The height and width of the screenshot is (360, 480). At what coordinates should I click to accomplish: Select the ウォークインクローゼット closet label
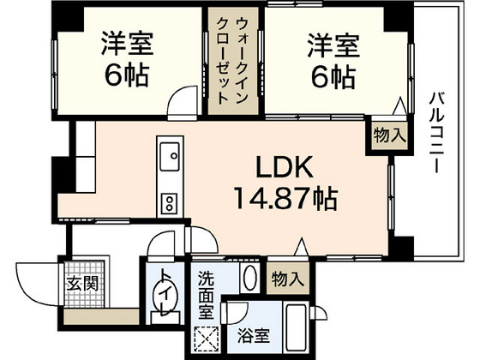pyautogui.click(x=234, y=61)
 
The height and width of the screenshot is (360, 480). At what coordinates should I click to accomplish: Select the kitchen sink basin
pyautogui.click(x=170, y=155)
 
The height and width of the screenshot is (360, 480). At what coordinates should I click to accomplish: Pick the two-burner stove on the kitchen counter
pyautogui.click(x=169, y=203)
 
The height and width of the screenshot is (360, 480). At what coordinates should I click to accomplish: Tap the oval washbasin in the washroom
pyautogui.click(x=249, y=279)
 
